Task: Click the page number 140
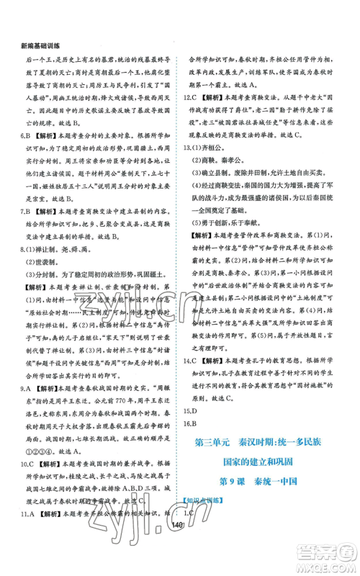pyautogui.click(x=180, y=549)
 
